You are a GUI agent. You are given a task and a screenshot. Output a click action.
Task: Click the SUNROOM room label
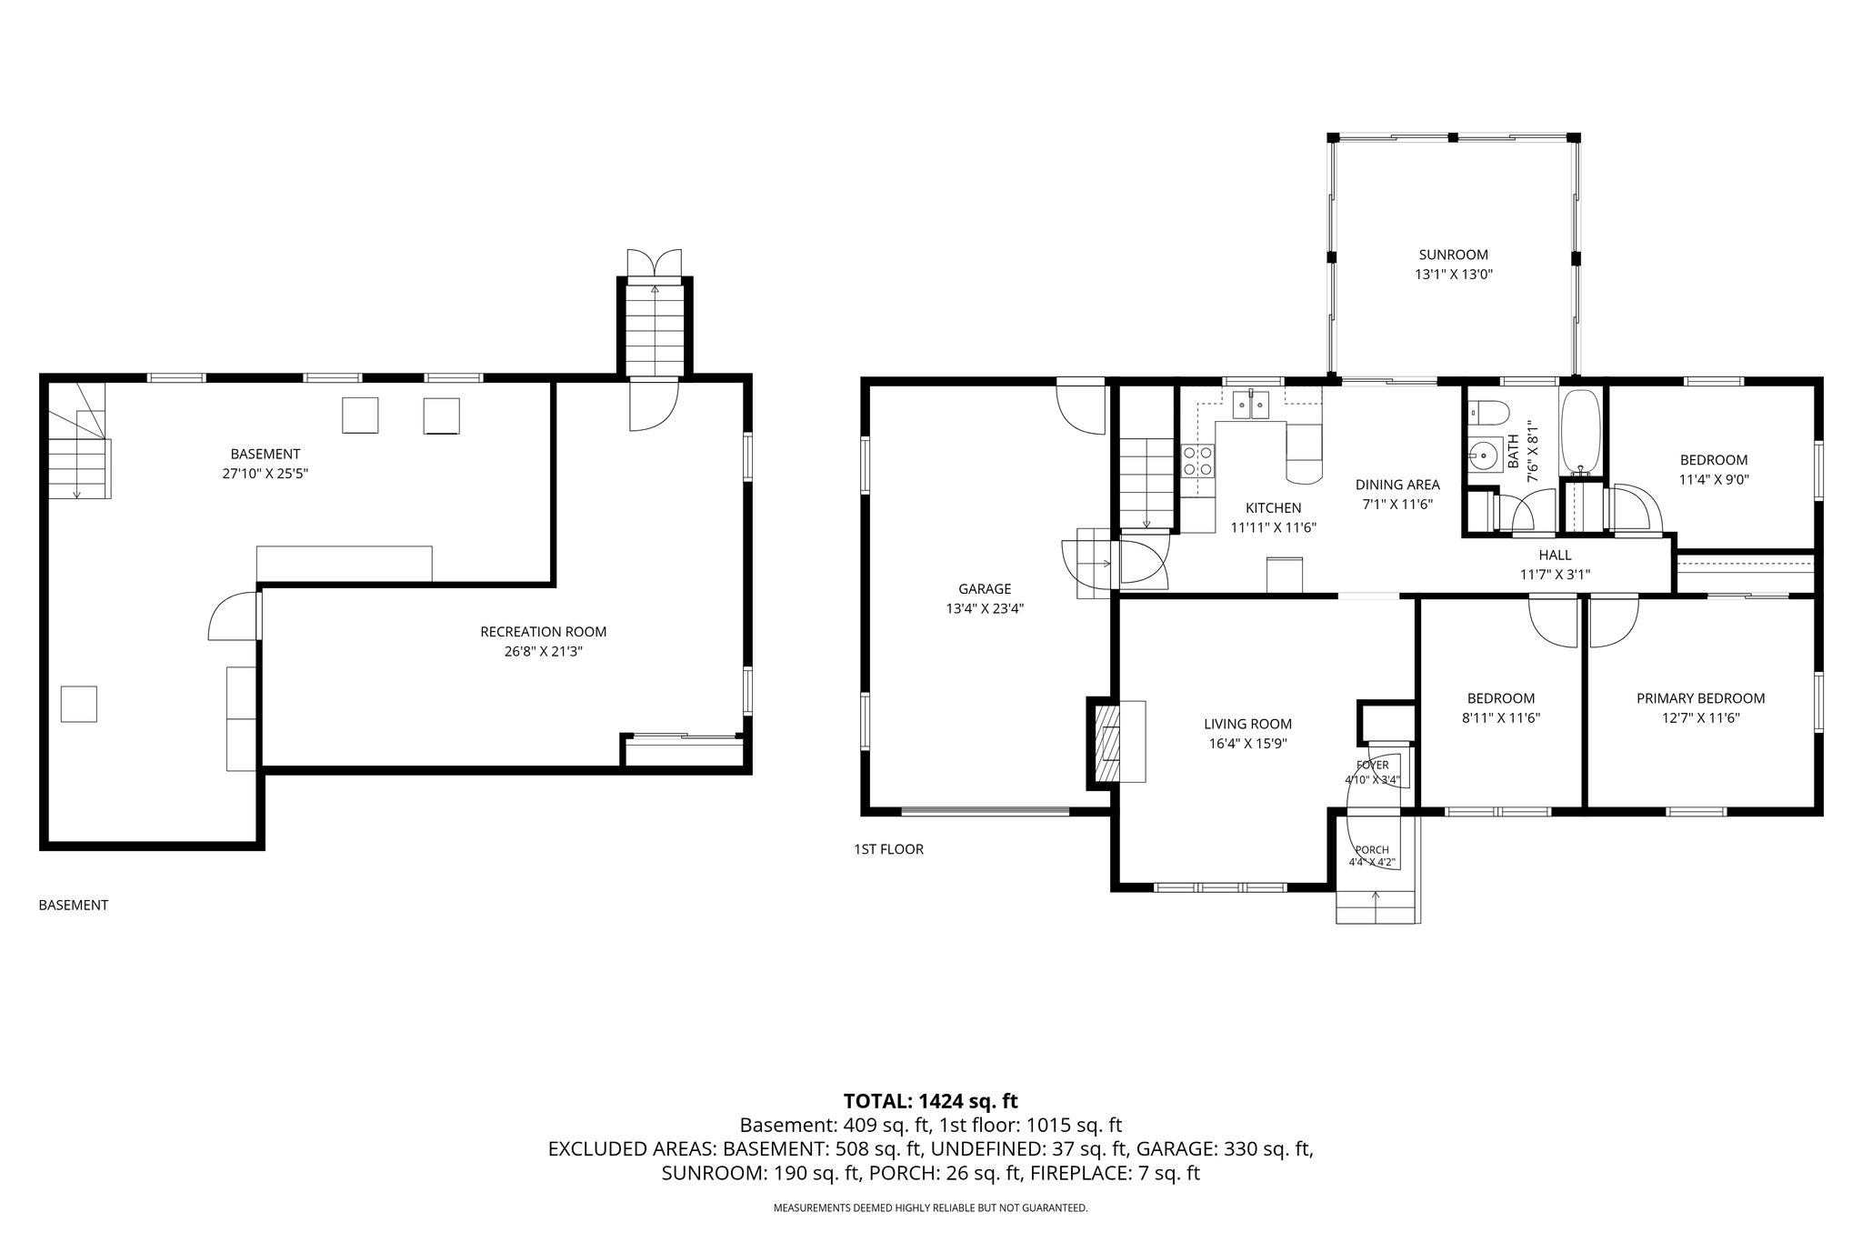tap(1454, 255)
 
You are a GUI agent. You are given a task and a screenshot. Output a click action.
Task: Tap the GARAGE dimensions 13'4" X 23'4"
tap(985, 609)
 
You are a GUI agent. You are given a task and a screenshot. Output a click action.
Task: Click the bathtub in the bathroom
tap(1582, 432)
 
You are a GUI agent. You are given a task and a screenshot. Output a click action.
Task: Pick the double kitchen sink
tap(1253, 405)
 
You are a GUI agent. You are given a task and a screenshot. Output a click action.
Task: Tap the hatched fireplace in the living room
tap(1108, 741)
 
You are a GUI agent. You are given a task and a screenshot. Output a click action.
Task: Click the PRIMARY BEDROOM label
tap(1700, 698)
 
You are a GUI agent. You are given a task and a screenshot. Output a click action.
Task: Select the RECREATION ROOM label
tap(543, 632)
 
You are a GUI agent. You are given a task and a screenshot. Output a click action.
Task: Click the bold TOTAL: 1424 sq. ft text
tap(930, 1101)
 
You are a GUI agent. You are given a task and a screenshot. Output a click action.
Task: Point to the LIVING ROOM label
tap(1247, 724)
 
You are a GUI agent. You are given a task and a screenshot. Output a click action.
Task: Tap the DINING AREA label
tap(1397, 485)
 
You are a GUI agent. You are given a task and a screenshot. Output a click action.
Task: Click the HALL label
tap(1555, 555)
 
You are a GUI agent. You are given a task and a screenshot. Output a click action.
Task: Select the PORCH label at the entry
tap(1372, 850)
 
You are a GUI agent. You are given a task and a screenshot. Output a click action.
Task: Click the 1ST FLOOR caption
tap(888, 849)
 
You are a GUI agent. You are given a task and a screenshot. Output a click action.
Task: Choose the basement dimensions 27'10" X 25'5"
tap(265, 473)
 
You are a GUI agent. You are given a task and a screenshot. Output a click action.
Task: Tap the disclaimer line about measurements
tap(930, 1208)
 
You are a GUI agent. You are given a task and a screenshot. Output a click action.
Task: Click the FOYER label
tap(1372, 766)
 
